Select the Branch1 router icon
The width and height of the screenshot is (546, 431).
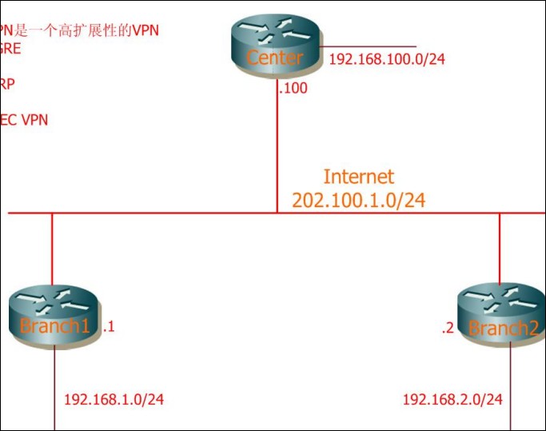pyautogui.click(x=54, y=317)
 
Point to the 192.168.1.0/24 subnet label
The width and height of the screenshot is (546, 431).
pyautogui.click(x=114, y=399)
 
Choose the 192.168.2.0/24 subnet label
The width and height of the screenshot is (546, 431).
pyautogui.click(x=452, y=399)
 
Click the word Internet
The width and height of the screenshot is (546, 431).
pyautogui.click(x=358, y=177)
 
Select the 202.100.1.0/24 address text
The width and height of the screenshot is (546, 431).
pyautogui.click(x=358, y=200)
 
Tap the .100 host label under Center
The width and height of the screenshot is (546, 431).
pyautogui.click(x=293, y=88)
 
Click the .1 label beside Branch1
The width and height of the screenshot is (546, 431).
pyautogui.click(x=110, y=326)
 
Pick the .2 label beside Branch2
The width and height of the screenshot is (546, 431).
pyautogui.click(x=448, y=328)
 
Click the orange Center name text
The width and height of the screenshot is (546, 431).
pyautogui.click(x=275, y=58)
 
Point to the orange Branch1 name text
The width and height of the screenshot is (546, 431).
pyautogui.click(x=54, y=326)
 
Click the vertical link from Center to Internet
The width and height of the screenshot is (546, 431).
pyautogui.click(x=277, y=152)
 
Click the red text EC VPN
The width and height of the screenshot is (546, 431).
pyautogui.click(x=24, y=120)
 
